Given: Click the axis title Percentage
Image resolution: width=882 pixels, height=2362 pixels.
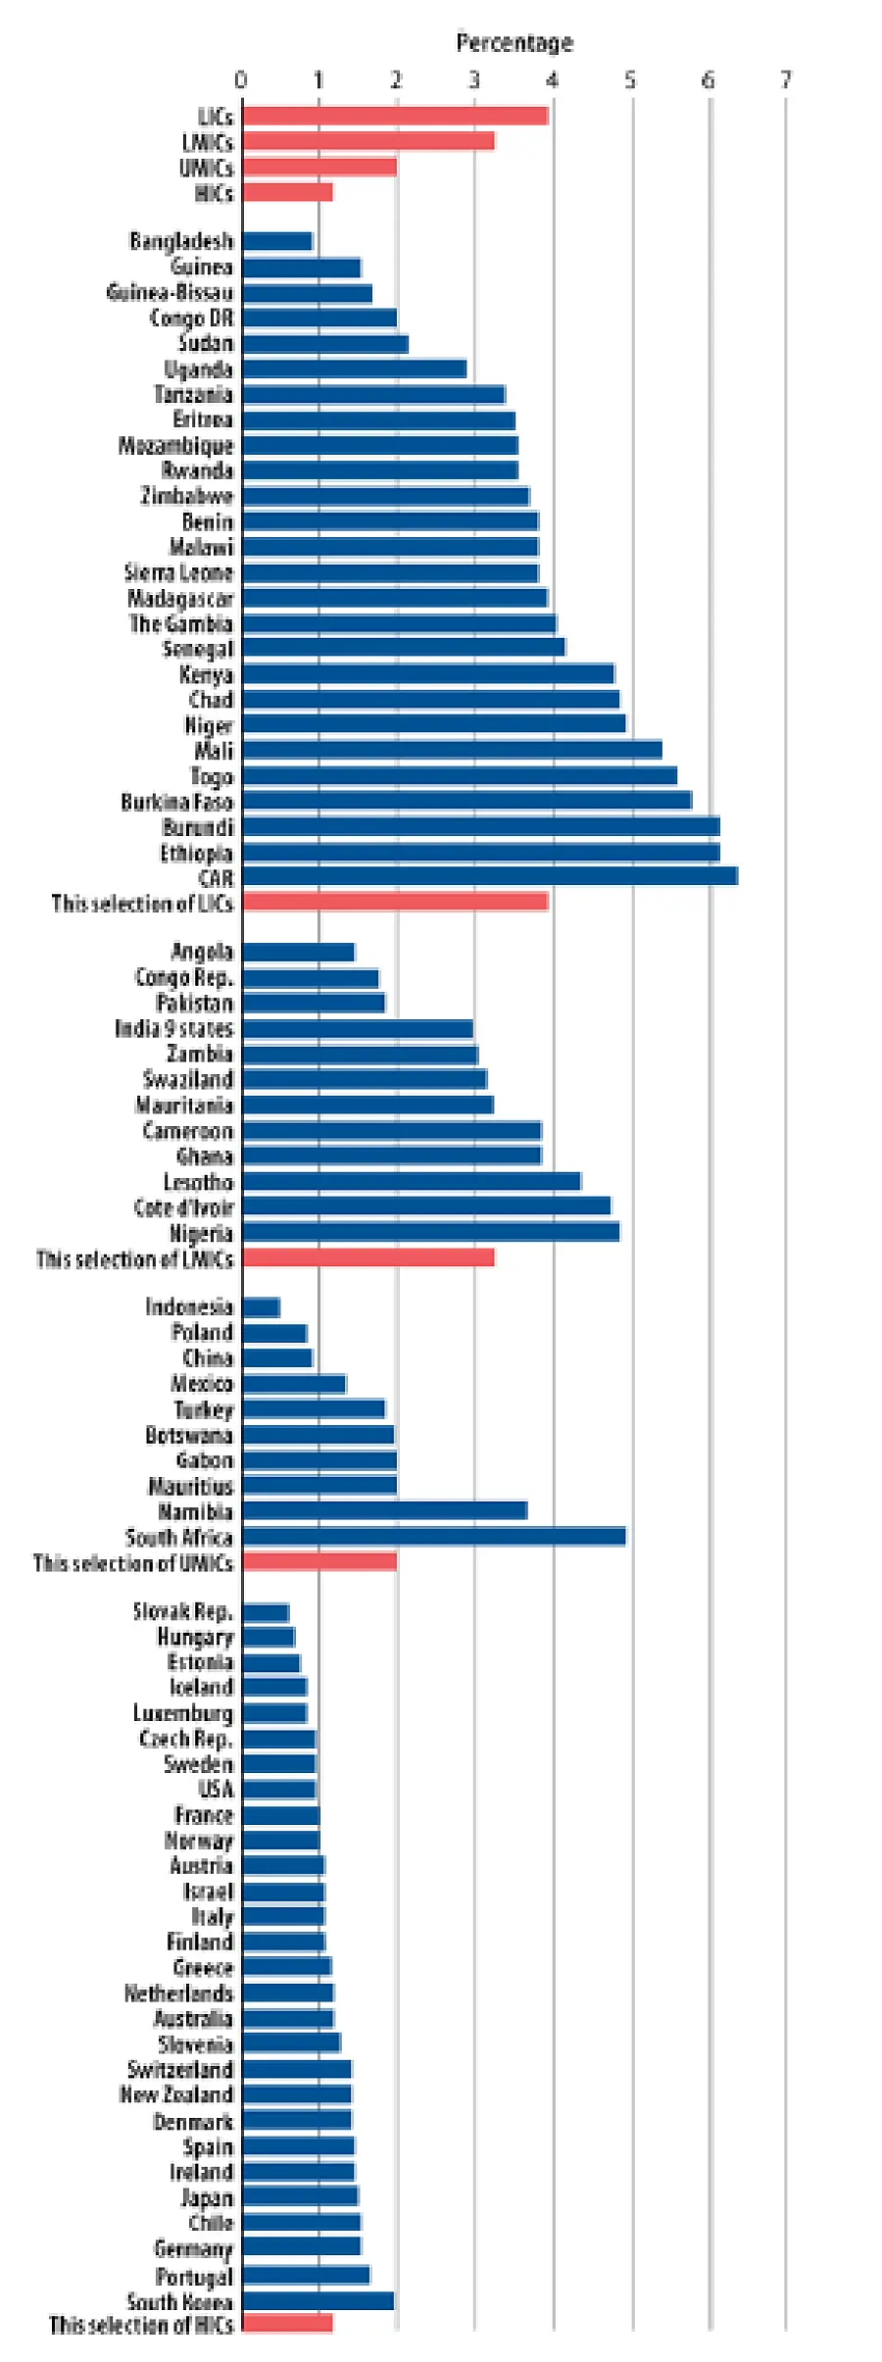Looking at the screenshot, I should [514, 43].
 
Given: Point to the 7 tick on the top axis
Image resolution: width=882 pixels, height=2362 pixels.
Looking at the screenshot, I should [786, 79].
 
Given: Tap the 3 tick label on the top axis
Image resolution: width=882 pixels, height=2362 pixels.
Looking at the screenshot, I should [474, 79].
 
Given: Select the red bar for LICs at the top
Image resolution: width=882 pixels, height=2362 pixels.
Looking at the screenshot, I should [395, 116].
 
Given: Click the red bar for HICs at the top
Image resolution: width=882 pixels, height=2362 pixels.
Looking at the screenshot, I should [287, 192].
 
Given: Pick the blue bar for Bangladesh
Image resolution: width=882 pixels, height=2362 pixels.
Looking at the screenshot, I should [277, 241].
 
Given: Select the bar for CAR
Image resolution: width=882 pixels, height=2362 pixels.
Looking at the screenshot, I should [490, 876].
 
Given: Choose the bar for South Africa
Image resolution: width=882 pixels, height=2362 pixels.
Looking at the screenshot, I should [434, 1537].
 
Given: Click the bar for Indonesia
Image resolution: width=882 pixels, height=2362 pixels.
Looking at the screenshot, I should [261, 1307].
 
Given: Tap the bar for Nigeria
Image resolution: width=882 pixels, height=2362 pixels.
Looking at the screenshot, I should [431, 1232].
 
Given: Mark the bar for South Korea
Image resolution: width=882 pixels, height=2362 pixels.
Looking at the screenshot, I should [318, 2301].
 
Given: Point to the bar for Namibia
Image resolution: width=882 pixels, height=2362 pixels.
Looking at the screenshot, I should [385, 1511].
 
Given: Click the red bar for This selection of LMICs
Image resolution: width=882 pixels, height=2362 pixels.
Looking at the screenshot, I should [368, 1257].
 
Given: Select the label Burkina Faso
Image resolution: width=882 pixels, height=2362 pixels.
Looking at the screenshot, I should [177, 802].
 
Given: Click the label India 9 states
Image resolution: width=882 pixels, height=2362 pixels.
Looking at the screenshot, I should [174, 1029].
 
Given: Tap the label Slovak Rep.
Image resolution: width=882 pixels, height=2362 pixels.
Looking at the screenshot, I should [183, 1612].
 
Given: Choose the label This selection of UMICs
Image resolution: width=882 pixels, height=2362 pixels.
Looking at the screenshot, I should [133, 1563].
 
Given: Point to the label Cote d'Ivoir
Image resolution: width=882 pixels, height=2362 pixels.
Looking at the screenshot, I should [184, 1207].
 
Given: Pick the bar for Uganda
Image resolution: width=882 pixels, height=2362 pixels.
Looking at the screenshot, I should [355, 369].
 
